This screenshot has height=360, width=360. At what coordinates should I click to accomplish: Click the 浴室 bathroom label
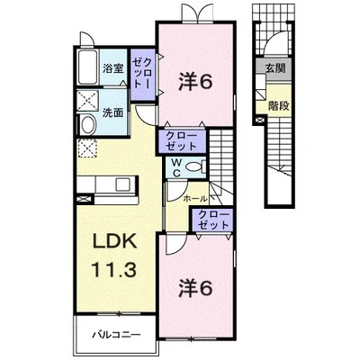[x=112, y=67]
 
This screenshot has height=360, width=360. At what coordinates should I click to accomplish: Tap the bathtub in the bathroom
[x=86, y=66]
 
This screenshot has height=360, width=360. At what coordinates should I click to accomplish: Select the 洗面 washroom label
[x=112, y=114]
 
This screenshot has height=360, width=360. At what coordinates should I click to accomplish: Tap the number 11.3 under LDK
[x=113, y=270]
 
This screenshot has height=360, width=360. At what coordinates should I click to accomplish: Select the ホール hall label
[x=195, y=198]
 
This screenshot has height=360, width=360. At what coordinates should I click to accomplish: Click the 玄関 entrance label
[x=274, y=67]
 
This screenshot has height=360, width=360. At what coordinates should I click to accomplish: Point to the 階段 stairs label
[x=277, y=105]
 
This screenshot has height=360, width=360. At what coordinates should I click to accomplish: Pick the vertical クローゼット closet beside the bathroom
[x=142, y=72]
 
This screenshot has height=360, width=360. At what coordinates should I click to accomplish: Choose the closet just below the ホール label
[x=212, y=218]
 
